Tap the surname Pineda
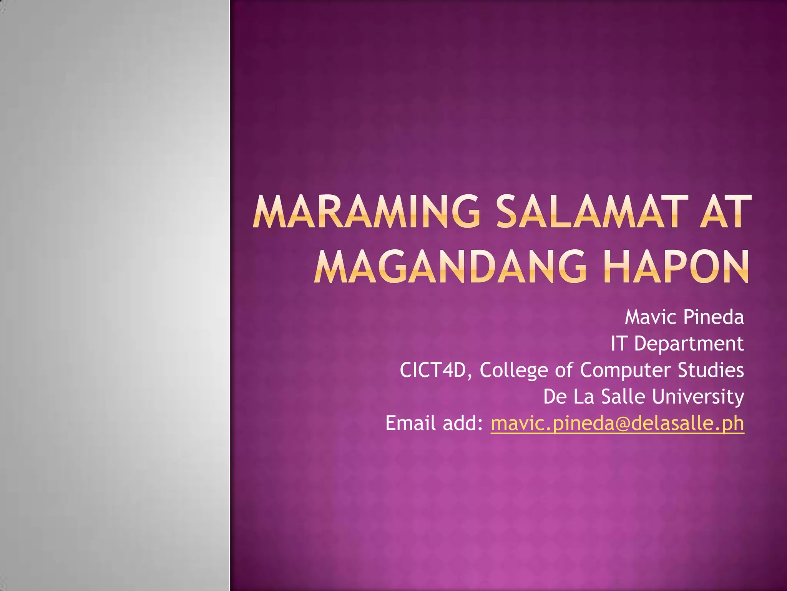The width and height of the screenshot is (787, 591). tap(714, 317)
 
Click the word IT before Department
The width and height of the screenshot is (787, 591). tap(619, 343)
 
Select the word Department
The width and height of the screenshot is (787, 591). tap(689, 344)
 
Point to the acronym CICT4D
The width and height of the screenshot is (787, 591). tap(433, 370)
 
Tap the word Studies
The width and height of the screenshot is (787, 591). tap(711, 370)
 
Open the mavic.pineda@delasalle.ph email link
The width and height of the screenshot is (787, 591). tap(617, 424)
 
